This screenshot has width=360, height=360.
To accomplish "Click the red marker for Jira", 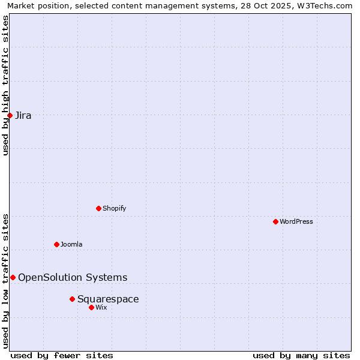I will (x=10, y=115).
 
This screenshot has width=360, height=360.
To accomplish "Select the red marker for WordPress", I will (x=275, y=221).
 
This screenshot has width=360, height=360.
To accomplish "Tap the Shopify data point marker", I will (x=98, y=208).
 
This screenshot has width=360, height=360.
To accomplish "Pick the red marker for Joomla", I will (x=56, y=244).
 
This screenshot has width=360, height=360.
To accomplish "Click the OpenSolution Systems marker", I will (x=13, y=277).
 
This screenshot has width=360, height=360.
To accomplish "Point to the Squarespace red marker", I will (x=72, y=299).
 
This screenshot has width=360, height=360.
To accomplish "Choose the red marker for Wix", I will (x=91, y=307).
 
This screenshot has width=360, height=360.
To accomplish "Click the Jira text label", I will (x=23, y=115).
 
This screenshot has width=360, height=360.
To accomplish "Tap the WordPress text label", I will (x=296, y=221).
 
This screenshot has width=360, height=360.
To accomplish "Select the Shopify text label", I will (x=114, y=208).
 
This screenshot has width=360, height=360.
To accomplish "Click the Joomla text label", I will (x=71, y=244).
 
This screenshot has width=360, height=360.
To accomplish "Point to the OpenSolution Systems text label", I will (x=73, y=277).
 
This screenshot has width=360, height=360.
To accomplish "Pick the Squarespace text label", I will (x=108, y=299).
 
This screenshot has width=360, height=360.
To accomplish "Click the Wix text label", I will (x=101, y=307).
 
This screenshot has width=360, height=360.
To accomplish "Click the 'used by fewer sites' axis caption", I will (x=62, y=355).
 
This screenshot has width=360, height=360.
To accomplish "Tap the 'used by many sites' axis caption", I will (x=301, y=355).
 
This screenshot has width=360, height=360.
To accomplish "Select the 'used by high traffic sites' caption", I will (x=5, y=85).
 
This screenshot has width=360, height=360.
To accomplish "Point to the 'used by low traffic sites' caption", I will (x=5, y=280).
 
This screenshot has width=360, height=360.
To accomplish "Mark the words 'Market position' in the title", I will (x=35, y=5).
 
